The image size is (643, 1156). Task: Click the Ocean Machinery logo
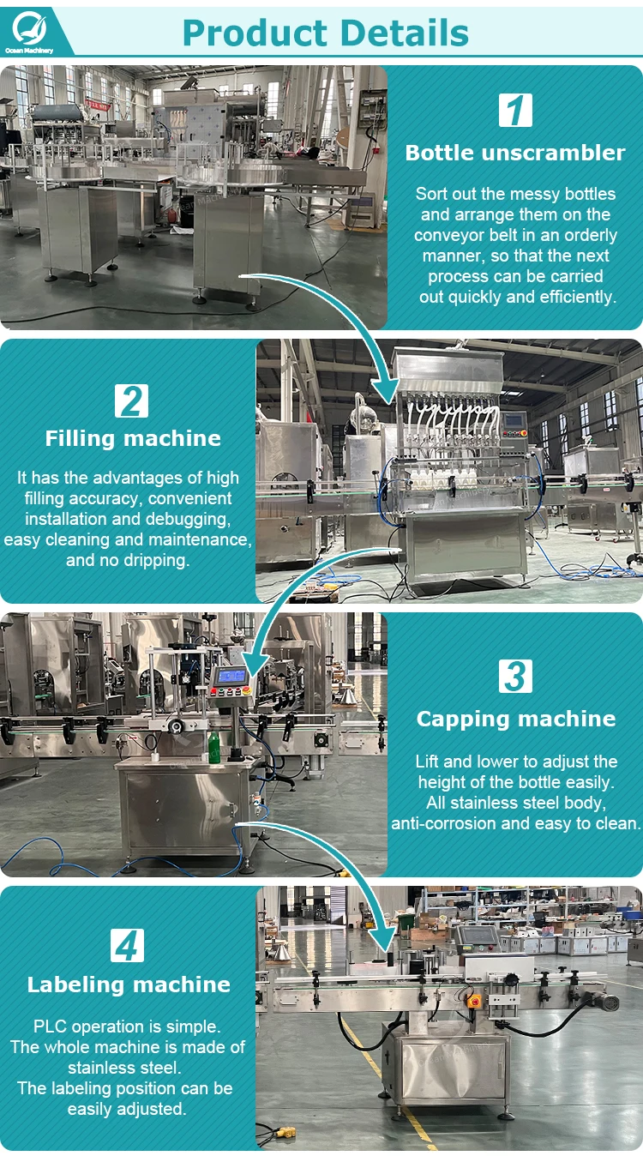[x=28, y=31]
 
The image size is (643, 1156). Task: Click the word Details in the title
[x=405, y=33]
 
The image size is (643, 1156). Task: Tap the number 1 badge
[x=515, y=110]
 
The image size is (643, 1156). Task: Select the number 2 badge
[x=131, y=400]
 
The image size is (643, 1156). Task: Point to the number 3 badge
[x=515, y=676]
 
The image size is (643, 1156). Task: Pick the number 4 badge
[x=128, y=945]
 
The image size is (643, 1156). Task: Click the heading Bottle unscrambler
[x=515, y=153]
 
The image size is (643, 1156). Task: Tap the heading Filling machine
[x=133, y=439]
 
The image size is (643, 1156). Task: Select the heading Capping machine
[x=516, y=719]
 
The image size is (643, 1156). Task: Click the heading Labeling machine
[x=129, y=984]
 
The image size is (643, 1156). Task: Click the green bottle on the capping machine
[x=213, y=747]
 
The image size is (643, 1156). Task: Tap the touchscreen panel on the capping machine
[x=231, y=676]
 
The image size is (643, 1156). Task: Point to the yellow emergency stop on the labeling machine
[x=474, y=1001]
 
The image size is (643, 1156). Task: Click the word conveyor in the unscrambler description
[x=449, y=235]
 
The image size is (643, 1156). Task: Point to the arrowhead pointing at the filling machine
[x=386, y=391]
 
